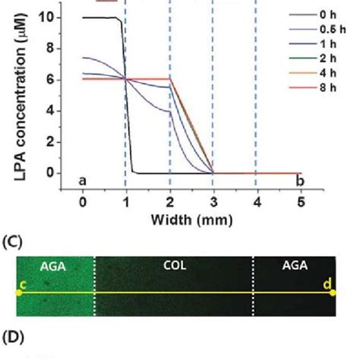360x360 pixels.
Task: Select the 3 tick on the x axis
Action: pos(213,201)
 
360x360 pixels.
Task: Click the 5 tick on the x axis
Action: pos(301,201)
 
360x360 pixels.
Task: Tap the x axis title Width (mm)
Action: pos(191,220)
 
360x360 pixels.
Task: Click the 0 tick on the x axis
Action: pos(83,201)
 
